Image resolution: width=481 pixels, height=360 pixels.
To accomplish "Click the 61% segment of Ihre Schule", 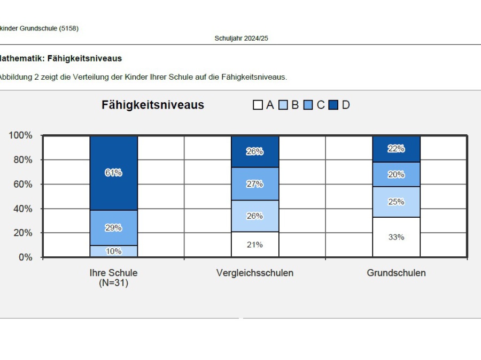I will tap(113, 173).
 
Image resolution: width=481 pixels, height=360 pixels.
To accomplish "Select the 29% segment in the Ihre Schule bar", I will tap(113, 227).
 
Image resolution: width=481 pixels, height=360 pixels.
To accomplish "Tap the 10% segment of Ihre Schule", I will tap(113, 251).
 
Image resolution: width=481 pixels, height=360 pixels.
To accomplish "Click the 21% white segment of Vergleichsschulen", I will tap(255, 244).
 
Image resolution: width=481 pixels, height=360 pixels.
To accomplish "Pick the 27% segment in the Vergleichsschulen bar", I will tap(255, 184).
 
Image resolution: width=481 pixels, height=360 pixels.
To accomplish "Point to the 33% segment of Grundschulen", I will tap(396, 237).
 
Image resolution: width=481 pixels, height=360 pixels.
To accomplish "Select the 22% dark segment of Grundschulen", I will tap(396, 149).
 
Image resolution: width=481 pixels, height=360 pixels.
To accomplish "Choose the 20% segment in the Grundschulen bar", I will tap(396, 174).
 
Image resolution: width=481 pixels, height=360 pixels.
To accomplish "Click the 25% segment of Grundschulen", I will tap(396, 202).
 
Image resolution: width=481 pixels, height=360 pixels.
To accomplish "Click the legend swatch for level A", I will tap(258, 105).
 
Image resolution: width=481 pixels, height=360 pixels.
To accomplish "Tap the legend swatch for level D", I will tap(333, 105).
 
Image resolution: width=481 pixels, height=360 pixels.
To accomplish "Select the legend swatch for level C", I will tap(308, 105).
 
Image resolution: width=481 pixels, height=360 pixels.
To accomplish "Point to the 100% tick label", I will tap(21, 135).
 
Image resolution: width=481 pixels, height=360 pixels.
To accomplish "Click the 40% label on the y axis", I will tap(23, 209).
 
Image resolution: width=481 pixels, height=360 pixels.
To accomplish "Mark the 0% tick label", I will tap(26, 257).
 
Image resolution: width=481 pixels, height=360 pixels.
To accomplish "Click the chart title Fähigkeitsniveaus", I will tap(153, 105).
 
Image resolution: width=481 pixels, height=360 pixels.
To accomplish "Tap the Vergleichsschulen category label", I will tap(255, 273).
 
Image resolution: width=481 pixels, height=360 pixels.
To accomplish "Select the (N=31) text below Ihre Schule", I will tap(113, 283).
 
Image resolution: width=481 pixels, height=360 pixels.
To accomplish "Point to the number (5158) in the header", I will tap(69, 28).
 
